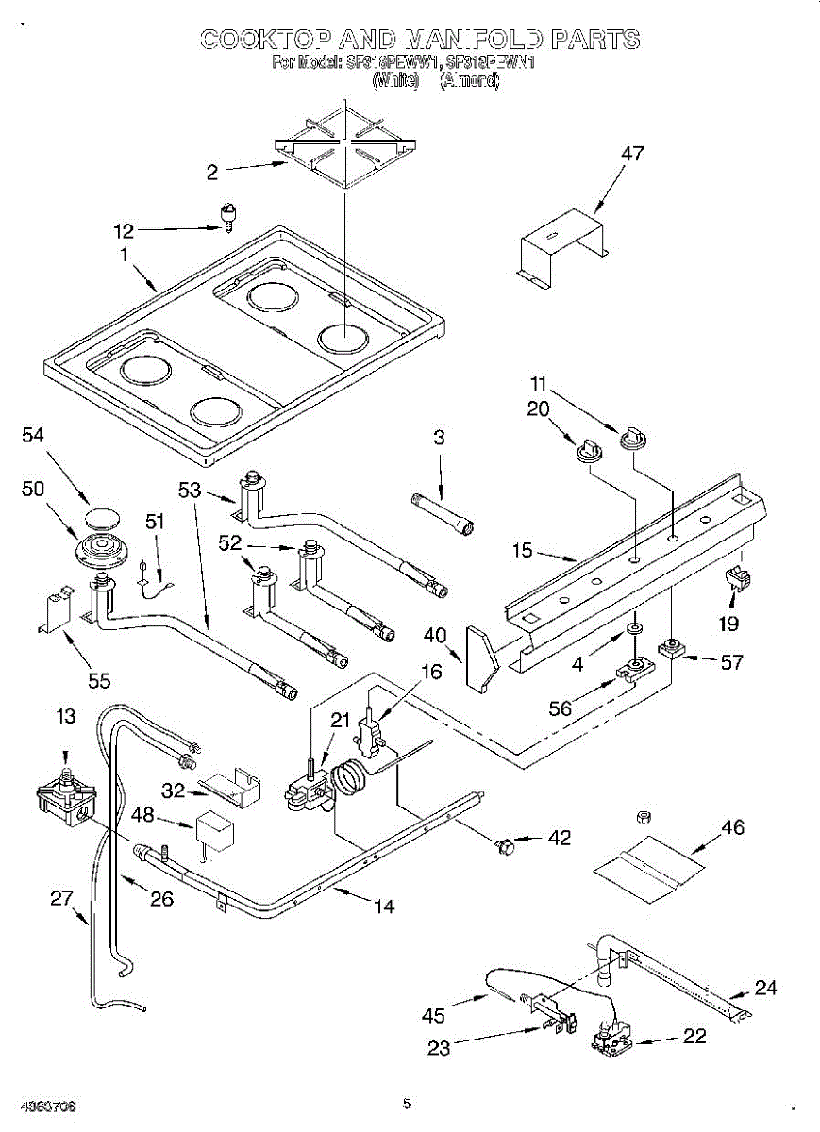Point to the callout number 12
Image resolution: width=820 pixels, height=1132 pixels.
tap(125, 230)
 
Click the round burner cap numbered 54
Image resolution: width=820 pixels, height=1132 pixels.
tap(99, 518)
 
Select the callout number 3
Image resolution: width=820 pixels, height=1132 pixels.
tap(440, 438)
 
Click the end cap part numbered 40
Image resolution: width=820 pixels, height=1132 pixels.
tap(481, 658)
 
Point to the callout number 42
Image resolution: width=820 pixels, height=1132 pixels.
tap(560, 838)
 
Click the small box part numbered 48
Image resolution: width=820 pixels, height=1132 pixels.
tap(213, 829)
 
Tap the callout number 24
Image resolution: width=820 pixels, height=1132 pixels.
tap(766, 989)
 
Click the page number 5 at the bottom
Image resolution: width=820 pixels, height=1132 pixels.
tap(407, 1102)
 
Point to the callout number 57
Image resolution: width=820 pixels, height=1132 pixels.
tap(732, 662)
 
